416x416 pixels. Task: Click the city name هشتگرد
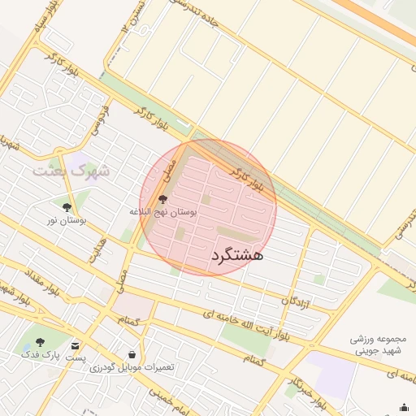[x=237, y=255]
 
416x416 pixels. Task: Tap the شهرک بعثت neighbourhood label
[x=71, y=171]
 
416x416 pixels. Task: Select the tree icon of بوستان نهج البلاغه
[x=163, y=198]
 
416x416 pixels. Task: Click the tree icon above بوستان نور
[x=67, y=207]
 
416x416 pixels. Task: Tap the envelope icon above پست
[x=76, y=344]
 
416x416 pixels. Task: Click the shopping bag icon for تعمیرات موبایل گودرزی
[x=132, y=354]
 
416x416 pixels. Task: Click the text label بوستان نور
[x=67, y=220]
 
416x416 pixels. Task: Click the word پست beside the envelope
[x=76, y=357]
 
